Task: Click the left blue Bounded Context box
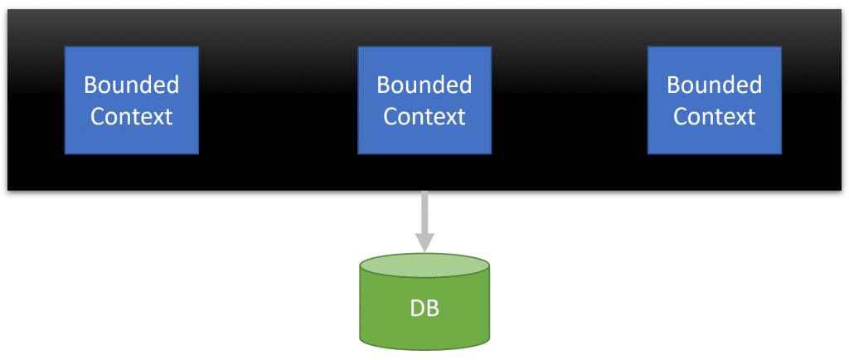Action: click(132, 100)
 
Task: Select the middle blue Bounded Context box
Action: click(424, 100)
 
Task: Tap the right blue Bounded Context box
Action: click(714, 100)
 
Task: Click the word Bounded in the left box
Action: click(132, 85)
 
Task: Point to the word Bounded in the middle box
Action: click(424, 85)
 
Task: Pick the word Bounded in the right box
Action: click(714, 85)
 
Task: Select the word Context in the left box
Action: click(132, 116)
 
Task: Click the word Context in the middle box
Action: click(424, 116)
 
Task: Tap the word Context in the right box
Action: click(714, 116)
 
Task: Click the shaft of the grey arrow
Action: click(424, 212)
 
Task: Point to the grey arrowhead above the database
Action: click(424, 243)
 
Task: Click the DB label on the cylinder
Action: click(424, 309)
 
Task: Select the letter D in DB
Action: click(418, 309)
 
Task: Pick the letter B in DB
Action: click(433, 309)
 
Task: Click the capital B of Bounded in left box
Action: click(90, 85)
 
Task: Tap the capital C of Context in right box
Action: click(680, 117)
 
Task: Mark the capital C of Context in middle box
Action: click(390, 117)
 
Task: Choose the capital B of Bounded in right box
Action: click(673, 85)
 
